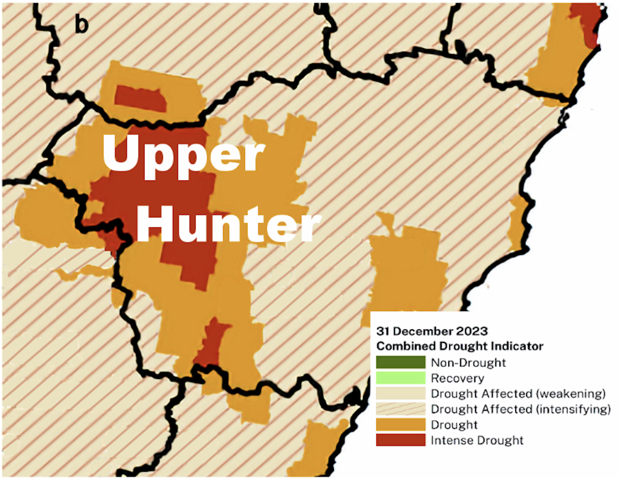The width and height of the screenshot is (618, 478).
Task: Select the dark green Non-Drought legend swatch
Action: pos(400,362)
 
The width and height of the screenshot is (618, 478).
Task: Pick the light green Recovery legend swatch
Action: pos(400,378)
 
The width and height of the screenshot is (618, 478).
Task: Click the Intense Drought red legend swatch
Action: pos(400,440)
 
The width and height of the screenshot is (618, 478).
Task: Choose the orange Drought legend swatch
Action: pos(400,424)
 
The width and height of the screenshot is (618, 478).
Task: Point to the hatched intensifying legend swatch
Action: pos(400,409)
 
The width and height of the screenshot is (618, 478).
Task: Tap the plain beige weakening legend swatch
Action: pos(400,393)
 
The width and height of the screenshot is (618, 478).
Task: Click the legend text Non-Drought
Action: pos(468,363)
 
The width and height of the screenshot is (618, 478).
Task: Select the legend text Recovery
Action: pos(457,378)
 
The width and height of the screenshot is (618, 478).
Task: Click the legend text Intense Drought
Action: pos(477,440)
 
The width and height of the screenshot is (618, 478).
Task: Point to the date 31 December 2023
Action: pos(432,331)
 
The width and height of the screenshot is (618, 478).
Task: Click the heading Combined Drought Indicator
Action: pos(460,346)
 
